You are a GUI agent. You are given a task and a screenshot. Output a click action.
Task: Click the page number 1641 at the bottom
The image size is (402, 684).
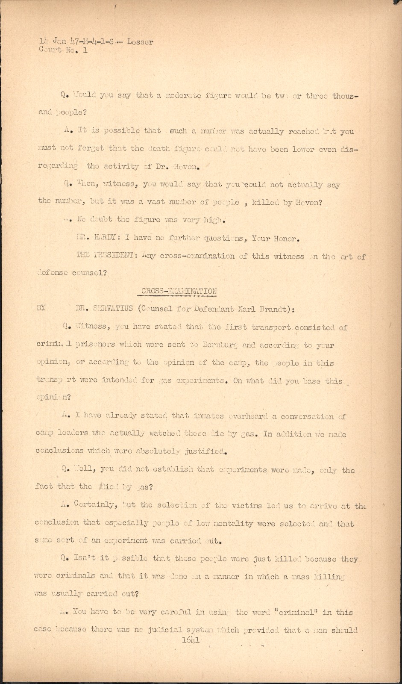[x=191, y=640]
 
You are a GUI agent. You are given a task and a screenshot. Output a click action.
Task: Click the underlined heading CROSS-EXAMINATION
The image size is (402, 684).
[x=179, y=291]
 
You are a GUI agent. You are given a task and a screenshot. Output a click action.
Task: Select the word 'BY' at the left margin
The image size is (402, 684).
[x=41, y=308]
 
